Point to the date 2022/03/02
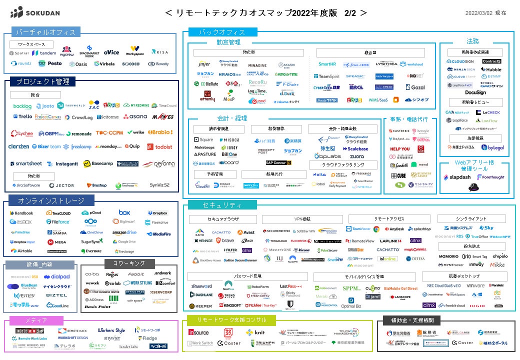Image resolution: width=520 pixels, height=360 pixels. tap(478, 13)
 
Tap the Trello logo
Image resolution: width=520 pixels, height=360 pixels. tap(22, 116)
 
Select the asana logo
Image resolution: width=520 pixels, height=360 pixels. tap(135, 116)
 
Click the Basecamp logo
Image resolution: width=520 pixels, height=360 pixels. tap(98, 163)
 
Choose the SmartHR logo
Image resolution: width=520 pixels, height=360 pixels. tap(327, 64)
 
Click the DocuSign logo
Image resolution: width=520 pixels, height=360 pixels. tap(475, 92)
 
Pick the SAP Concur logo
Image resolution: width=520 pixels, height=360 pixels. tap(278, 162)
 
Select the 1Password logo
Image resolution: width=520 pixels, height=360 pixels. tap(201, 286)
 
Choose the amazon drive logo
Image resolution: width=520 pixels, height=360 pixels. tap(124, 232)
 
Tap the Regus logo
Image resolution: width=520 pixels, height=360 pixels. tap(112, 274)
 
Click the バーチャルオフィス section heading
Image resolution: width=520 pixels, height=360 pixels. tap(45, 32)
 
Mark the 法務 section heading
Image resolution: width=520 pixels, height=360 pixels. tap(473, 41)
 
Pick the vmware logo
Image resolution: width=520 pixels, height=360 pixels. tap(475, 285)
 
